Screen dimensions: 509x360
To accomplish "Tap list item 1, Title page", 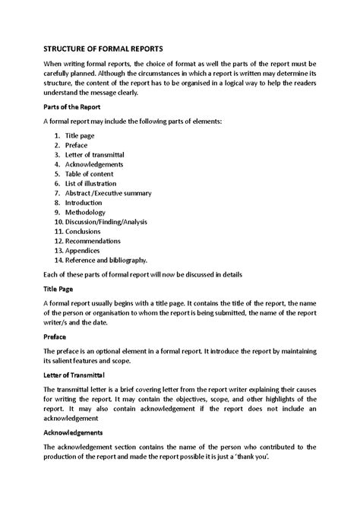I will pyautogui.click(x=81, y=134).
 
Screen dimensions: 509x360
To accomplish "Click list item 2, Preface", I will pyautogui.click(x=77, y=144).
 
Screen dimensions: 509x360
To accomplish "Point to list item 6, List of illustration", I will pyautogui.click(x=91, y=184).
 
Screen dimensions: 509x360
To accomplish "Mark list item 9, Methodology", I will pyautogui.click(x=86, y=213).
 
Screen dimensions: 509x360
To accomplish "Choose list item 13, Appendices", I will pyautogui.click(x=85, y=251).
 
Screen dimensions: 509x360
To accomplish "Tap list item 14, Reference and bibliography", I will pyautogui.click(x=106, y=261).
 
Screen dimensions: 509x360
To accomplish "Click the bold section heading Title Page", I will pyautogui.click(x=58, y=289).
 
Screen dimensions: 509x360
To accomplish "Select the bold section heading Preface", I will pyautogui.click(x=56, y=337).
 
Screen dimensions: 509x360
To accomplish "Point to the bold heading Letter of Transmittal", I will pyautogui.click(x=78, y=375).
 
